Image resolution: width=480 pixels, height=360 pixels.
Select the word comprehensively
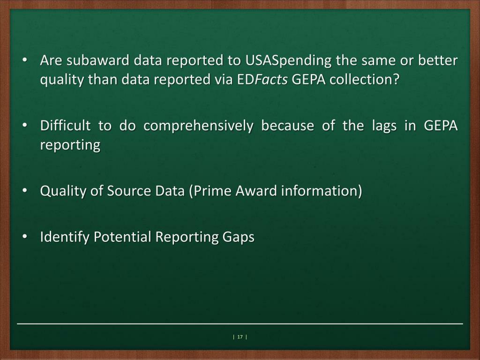click(198, 126)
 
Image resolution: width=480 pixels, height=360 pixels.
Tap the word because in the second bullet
click(287, 126)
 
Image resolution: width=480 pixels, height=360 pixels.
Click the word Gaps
click(238, 237)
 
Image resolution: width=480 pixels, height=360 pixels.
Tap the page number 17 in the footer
click(240, 337)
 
